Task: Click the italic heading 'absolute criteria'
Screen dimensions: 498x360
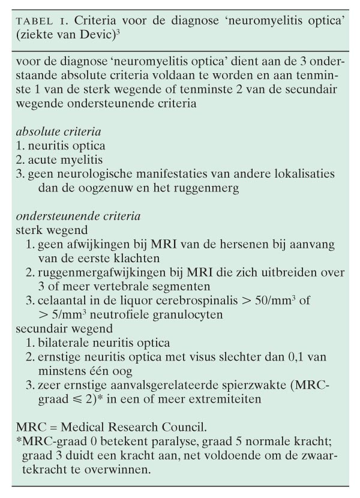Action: (x=58, y=130)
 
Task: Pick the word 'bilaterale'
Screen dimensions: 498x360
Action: (x=64, y=343)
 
